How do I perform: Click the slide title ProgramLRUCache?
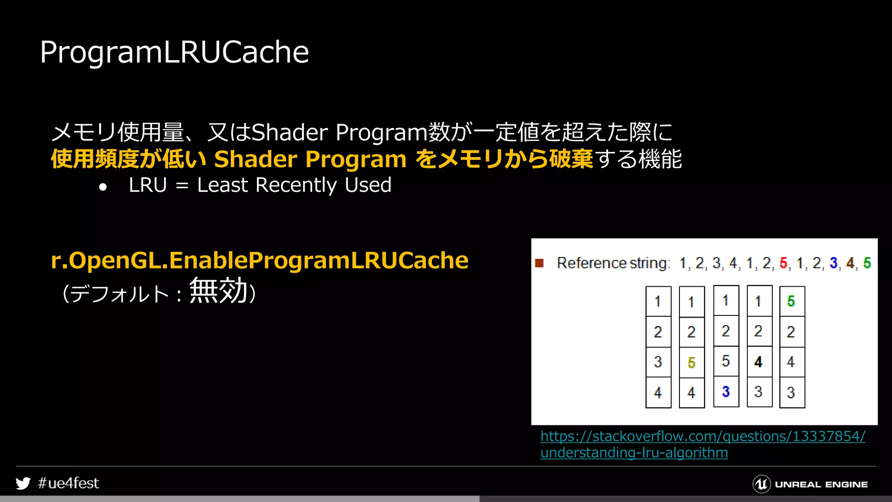174,52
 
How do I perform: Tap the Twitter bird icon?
23,483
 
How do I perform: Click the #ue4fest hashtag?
68,483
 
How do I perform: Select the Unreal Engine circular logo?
761,484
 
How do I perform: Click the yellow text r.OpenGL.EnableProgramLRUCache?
260,261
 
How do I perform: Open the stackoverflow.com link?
703,437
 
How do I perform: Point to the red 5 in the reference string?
784,263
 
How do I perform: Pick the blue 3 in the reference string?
834,263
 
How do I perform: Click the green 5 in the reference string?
867,263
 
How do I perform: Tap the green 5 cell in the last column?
791,301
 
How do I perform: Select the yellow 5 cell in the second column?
691,363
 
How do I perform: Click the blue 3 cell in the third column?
726,392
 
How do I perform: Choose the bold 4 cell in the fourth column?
759,362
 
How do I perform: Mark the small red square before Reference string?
539,263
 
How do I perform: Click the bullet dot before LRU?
103,187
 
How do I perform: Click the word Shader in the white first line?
290,132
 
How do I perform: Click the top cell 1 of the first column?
658,301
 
